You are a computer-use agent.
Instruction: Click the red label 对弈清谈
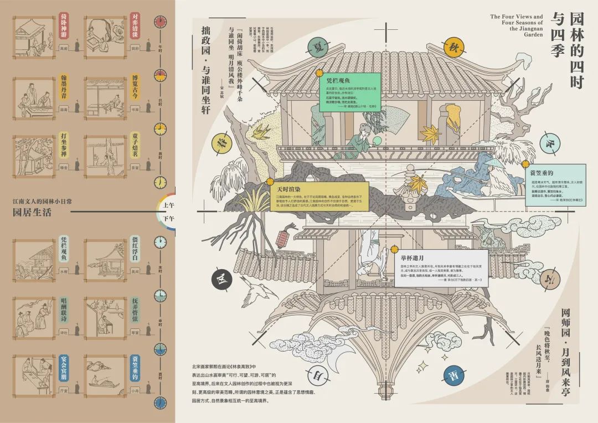click(x=134, y=23)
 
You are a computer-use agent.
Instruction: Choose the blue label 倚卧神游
click(x=63, y=22)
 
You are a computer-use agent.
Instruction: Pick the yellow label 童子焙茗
click(x=134, y=145)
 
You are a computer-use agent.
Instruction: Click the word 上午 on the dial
click(x=168, y=205)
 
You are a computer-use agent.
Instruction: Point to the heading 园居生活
click(x=33, y=211)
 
